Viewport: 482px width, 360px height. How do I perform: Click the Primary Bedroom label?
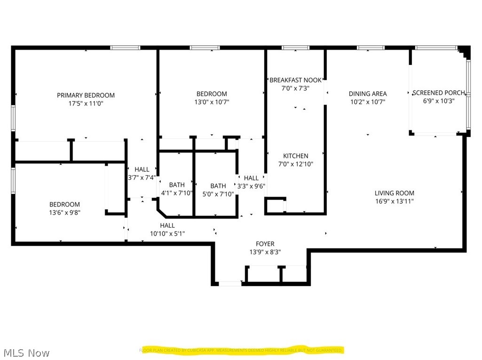(86, 95)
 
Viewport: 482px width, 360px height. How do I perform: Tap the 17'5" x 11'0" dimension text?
(86, 103)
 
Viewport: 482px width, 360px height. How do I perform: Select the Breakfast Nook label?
(295, 80)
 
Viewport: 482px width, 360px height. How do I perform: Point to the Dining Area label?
(368, 94)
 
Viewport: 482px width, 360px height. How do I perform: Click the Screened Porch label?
(439, 93)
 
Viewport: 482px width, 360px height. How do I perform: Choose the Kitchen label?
(295, 156)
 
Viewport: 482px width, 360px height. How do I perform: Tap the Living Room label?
(394, 193)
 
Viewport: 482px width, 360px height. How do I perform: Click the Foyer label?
(265, 244)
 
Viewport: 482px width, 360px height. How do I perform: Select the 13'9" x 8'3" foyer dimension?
(265, 252)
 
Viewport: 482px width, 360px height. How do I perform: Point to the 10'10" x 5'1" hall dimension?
(167, 233)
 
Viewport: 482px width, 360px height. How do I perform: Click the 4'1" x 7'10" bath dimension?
(177, 193)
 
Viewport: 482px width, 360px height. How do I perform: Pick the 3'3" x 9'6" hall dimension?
(251, 185)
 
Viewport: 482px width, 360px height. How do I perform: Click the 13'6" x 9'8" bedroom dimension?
(64, 212)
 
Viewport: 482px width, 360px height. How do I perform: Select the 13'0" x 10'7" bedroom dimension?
(212, 102)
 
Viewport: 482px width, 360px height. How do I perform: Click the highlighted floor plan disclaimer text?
(241, 350)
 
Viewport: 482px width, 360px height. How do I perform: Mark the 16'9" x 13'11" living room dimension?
(394, 201)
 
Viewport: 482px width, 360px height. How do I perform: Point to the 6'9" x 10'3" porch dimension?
(439, 100)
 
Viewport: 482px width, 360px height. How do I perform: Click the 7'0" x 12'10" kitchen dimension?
(295, 164)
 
